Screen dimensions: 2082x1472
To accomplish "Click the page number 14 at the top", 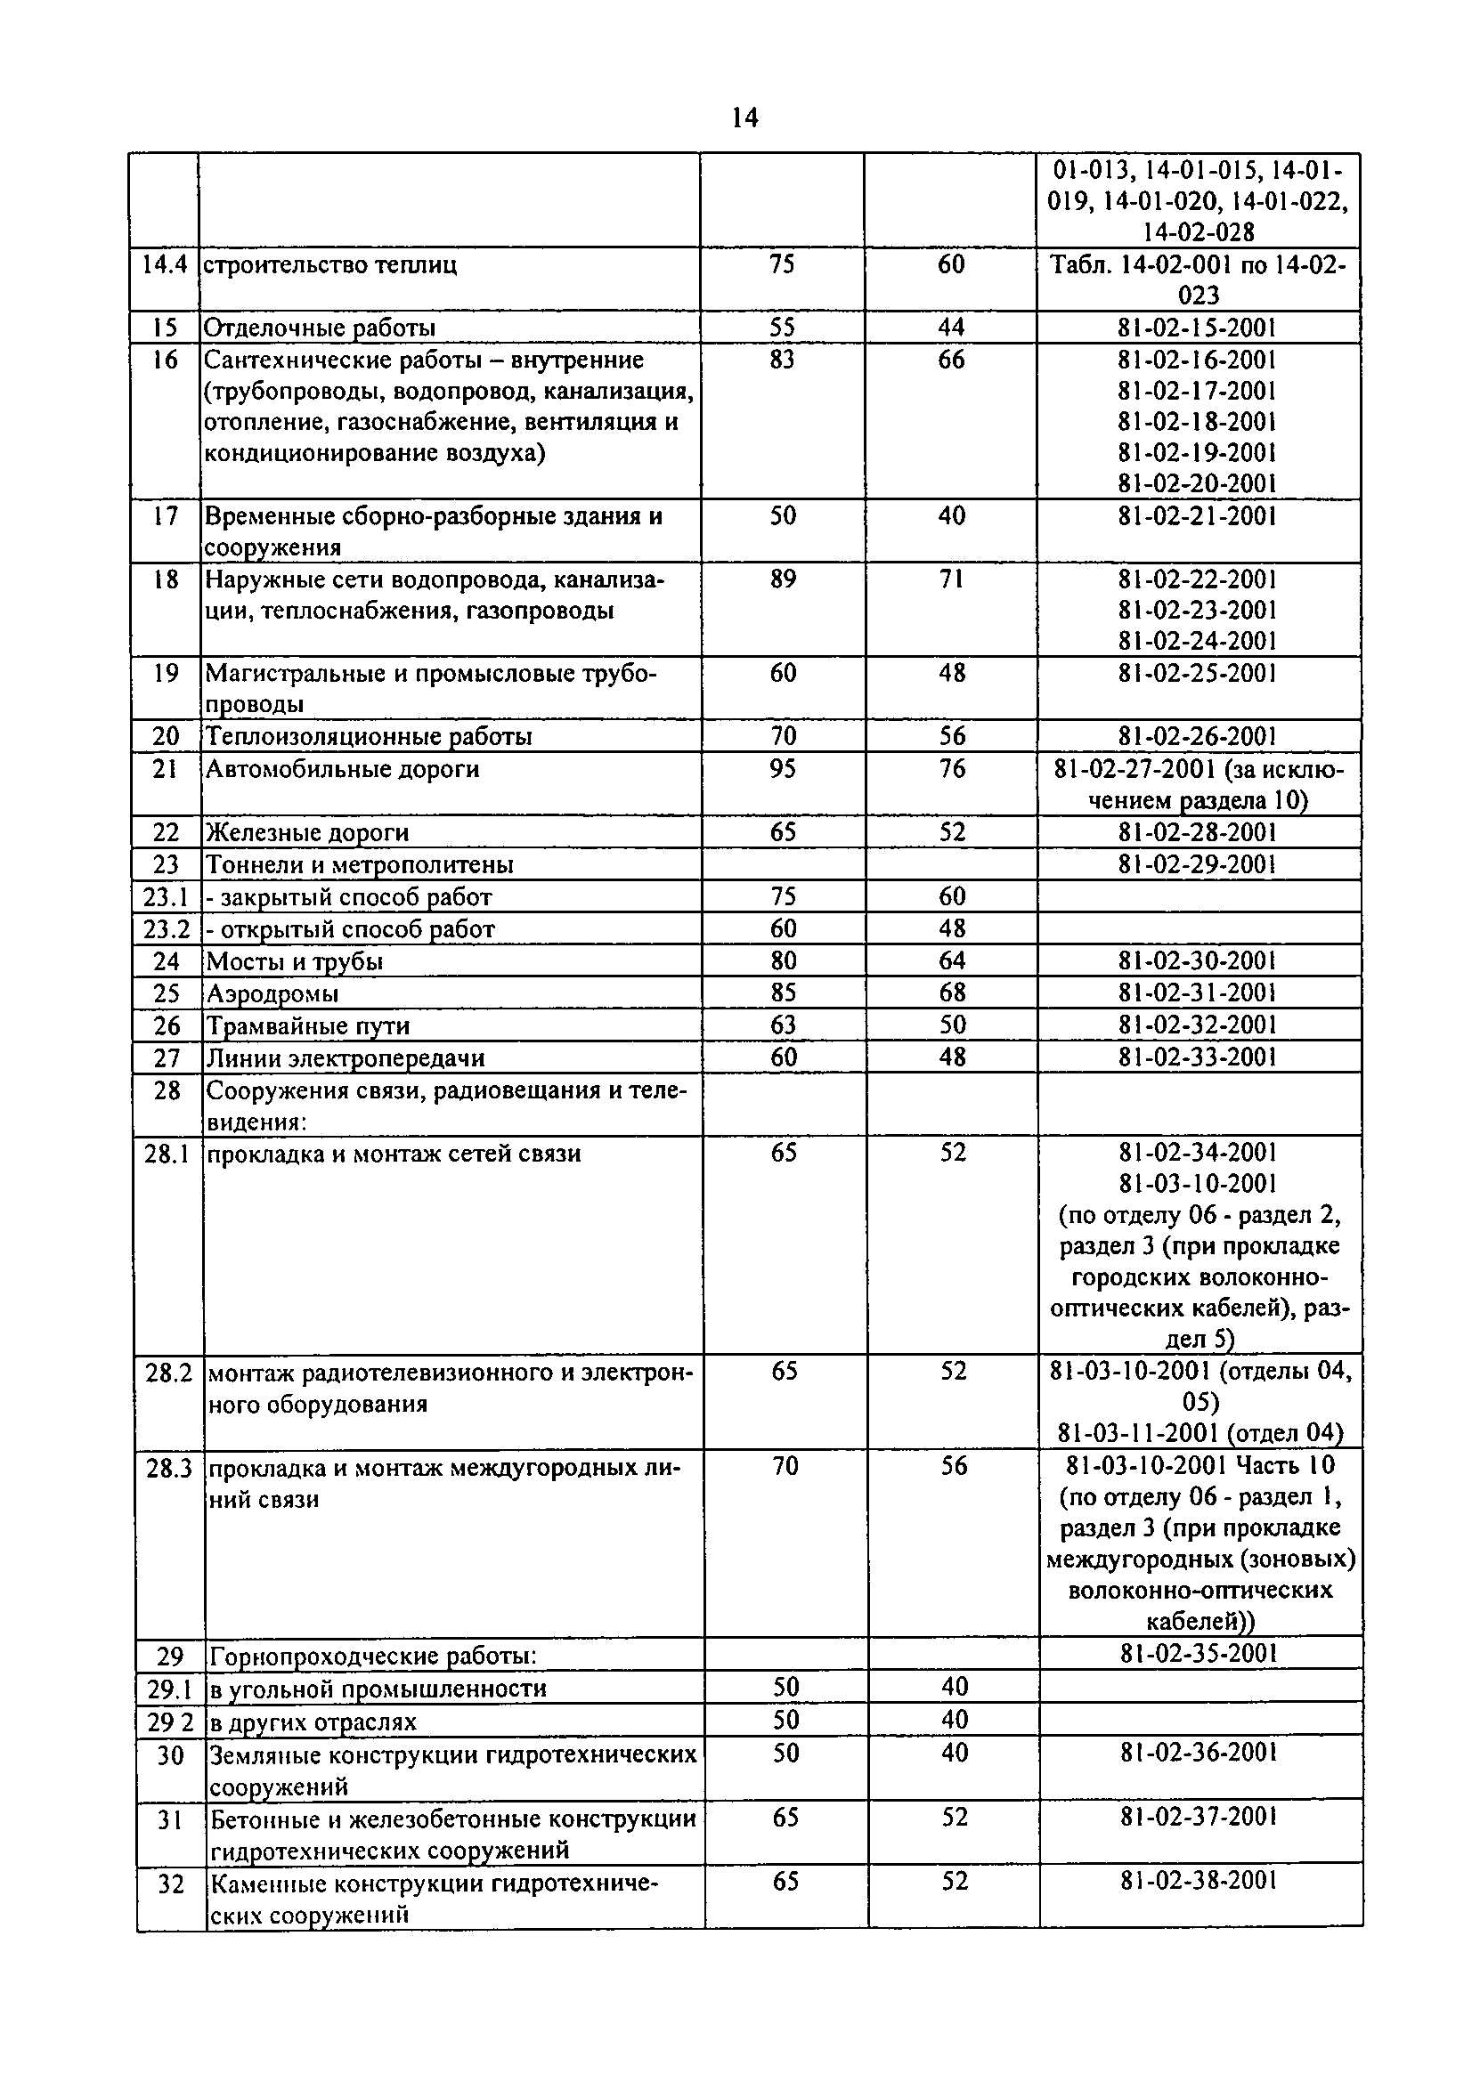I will (x=744, y=117).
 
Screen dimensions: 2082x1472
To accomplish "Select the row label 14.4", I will (x=164, y=264).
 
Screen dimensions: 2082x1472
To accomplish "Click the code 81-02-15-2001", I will (x=1197, y=328).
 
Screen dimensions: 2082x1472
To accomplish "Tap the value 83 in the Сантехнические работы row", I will (x=782, y=360).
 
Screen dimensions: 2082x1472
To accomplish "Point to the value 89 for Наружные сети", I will (x=783, y=579).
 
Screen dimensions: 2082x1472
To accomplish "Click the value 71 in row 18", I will (x=951, y=579).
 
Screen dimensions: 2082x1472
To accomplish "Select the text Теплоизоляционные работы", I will (x=369, y=736).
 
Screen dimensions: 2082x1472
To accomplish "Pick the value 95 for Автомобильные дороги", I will (x=783, y=769).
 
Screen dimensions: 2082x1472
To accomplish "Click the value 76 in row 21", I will (x=951, y=769).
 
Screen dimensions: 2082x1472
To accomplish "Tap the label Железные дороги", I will (x=307, y=832).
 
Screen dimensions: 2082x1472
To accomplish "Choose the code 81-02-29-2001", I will (x=1197, y=863).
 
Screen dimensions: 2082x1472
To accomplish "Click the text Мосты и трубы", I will (x=296, y=961).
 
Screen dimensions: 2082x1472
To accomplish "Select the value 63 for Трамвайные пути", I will (x=784, y=1025).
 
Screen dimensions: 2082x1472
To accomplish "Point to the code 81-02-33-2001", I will (x=1197, y=1057).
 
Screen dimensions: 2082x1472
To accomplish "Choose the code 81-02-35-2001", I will (x=1199, y=1653).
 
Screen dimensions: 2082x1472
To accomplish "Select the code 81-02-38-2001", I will (x=1199, y=1880).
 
